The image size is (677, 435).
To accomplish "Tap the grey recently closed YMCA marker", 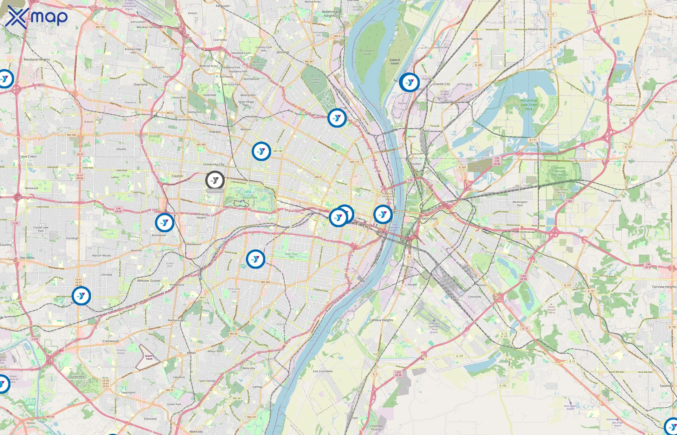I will point(215,180).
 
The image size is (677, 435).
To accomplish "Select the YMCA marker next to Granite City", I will point(409,82).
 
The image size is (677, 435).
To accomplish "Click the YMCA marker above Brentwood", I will point(164,223).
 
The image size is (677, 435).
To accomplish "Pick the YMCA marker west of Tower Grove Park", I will point(255,259).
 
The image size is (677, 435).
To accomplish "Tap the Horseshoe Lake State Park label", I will point(529,104).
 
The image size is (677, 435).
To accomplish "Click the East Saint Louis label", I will point(426,218).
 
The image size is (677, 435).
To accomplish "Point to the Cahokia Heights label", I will point(381,320).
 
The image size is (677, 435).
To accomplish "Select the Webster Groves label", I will point(149,281).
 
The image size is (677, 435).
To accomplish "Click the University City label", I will point(213,164).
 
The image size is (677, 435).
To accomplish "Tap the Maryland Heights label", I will point(37,59).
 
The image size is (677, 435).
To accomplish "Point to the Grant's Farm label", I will point(149,357).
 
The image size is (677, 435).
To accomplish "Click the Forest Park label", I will point(250,197).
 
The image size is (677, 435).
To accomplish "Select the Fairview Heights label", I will point(664,287).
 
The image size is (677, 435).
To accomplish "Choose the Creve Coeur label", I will point(28,156).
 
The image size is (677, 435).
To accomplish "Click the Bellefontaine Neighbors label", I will point(332,14).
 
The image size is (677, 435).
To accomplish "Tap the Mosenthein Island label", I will point(367,52).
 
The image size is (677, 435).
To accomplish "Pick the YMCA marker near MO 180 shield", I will point(261,151).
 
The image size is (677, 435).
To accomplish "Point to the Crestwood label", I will point(110,341).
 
